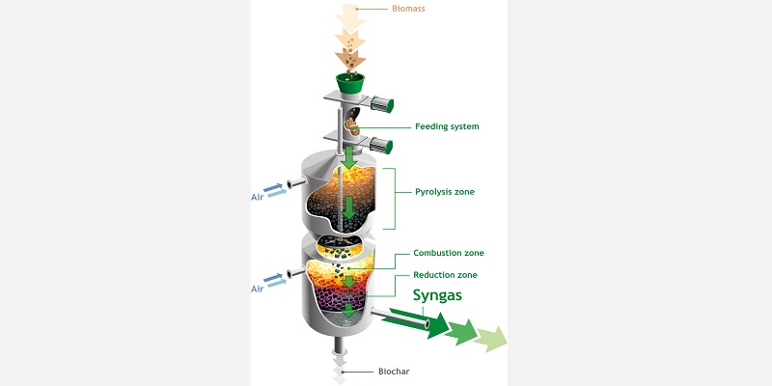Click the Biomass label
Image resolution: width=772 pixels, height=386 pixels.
coord(408,9)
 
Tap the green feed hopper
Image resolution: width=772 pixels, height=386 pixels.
coord(350,82)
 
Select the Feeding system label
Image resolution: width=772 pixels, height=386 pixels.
coord(447,126)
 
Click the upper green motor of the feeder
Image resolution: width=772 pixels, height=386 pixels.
coord(381,104)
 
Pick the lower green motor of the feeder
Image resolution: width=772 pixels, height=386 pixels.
coord(381,146)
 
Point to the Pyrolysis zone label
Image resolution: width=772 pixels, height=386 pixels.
coord(445,191)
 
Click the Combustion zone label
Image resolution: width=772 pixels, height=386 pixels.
coord(449,253)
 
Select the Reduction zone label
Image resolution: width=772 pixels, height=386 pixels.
coord(445,275)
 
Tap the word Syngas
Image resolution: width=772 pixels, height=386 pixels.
coord(437,295)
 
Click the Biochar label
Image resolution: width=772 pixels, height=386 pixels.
coord(394,372)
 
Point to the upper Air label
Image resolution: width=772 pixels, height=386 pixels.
coord(257,197)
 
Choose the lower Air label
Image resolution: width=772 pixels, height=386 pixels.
coord(257,289)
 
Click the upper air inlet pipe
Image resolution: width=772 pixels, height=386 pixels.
coord(296,184)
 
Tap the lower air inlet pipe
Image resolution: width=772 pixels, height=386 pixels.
coord(296,272)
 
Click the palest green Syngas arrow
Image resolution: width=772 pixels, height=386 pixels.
coord(490,339)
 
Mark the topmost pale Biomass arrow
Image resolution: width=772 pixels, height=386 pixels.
coord(350,18)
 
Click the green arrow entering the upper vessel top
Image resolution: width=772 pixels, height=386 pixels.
coord(349,157)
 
